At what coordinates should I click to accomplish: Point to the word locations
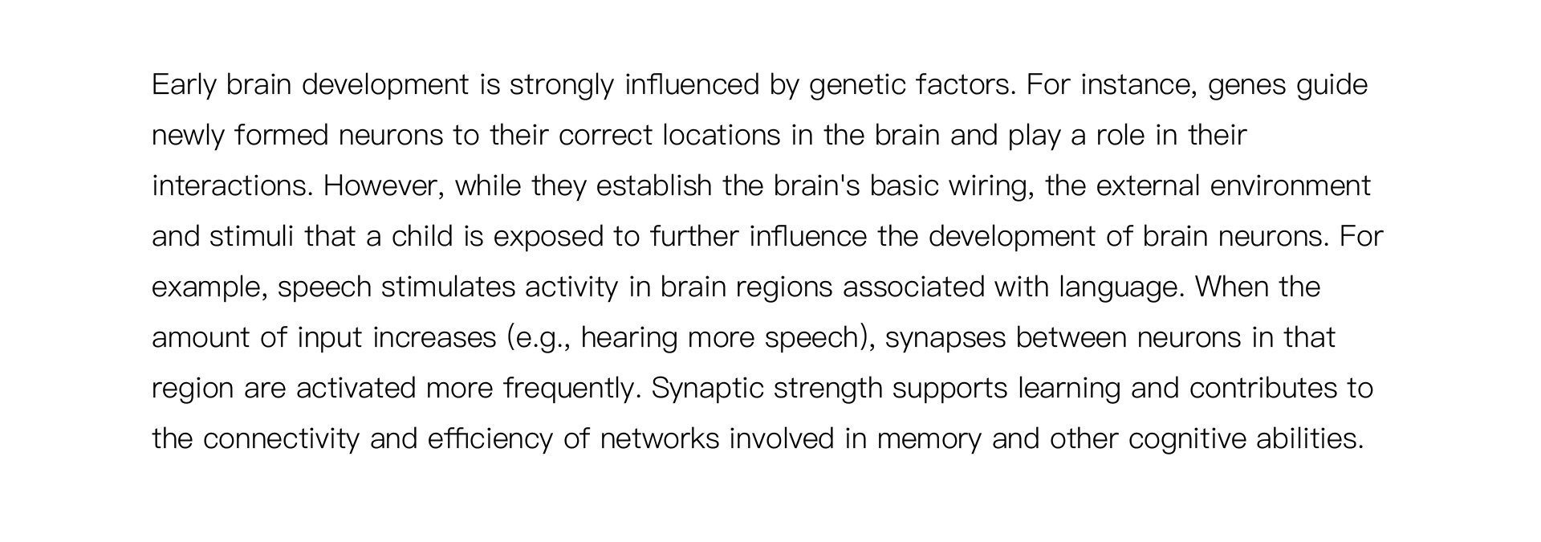[x=722, y=135]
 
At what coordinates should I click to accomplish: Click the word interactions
[x=232, y=186]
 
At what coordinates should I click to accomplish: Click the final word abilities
[x=1310, y=438]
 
